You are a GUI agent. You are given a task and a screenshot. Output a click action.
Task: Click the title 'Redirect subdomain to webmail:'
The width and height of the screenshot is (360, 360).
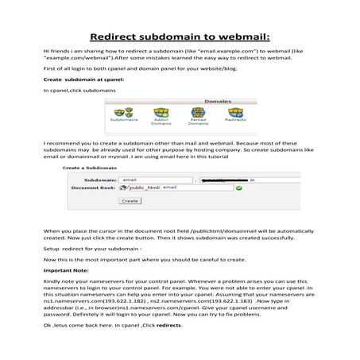(x=180, y=37)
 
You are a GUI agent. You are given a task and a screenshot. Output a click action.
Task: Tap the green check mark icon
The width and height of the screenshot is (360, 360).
(x=239, y=188)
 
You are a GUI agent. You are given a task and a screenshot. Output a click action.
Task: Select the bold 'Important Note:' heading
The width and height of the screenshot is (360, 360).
(x=67, y=269)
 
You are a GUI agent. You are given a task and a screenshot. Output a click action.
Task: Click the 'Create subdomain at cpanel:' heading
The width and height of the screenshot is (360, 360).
(x=83, y=80)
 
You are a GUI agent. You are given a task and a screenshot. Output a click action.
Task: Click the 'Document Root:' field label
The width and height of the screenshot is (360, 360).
(x=94, y=188)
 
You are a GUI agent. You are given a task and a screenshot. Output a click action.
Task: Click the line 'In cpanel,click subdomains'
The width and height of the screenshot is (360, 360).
(x=79, y=91)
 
